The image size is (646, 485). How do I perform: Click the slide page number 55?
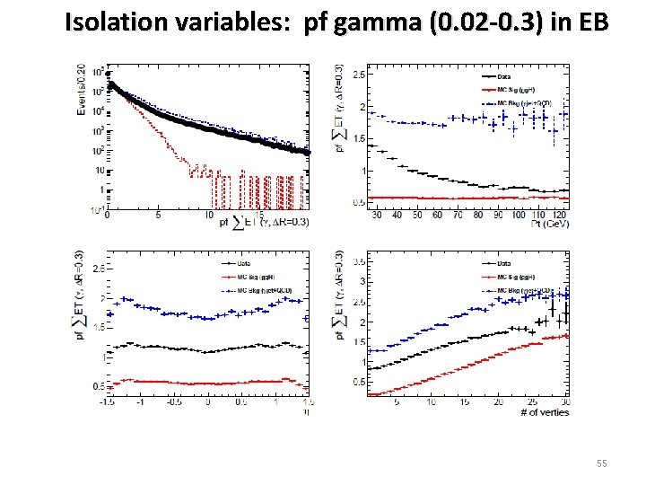(600, 463)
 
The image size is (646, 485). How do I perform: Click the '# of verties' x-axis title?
(544, 411)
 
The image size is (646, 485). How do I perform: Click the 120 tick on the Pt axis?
(561, 216)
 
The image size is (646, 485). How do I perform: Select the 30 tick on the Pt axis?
(375, 216)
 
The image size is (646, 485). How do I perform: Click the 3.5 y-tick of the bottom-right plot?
(357, 262)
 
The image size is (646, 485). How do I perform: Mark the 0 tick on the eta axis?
(207, 402)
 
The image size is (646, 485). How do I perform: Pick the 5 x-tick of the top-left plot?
(158, 215)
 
